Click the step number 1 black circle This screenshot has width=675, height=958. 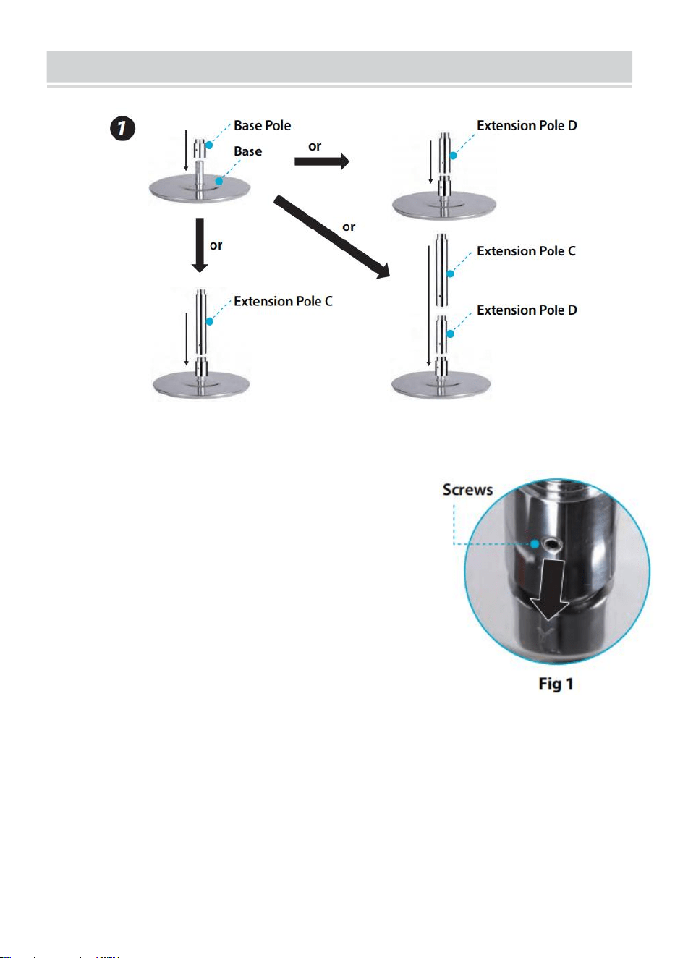pyautogui.click(x=123, y=128)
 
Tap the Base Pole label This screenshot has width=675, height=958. pyautogui.click(x=262, y=125)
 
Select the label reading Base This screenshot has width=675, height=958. pyautogui.click(x=247, y=151)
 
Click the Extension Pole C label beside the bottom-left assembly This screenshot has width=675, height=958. pyautogui.click(x=283, y=301)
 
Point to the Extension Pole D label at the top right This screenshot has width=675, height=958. pyautogui.click(x=527, y=125)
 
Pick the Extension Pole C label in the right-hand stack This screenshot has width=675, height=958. pyautogui.click(x=526, y=251)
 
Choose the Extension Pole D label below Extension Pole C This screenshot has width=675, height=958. pyautogui.click(x=527, y=310)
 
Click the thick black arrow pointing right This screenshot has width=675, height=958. pyautogui.click(x=322, y=161)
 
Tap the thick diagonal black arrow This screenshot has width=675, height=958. pyautogui.click(x=332, y=237)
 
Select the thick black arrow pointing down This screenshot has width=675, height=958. pyautogui.click(x=200, y=245)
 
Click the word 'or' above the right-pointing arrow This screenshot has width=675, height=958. pyautogui.click(x=315, y=146)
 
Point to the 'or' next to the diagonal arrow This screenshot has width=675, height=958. pyautogui.click(x=349, y=226)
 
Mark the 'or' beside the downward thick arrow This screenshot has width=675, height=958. pyautogui.click(x=216, y=245)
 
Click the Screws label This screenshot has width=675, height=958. pyautogui.click(x=467, y=490)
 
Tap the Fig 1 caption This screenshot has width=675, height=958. pyautogui.click(x=556, y=684)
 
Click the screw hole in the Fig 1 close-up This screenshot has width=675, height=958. pyautogui.click(x=551, y=544)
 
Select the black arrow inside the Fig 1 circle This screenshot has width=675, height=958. pyautogui.click(x=550, y=589)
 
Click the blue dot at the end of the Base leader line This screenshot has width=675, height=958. pyautogui.click(x=219, y=181)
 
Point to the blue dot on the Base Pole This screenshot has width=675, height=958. pyautogui.click(x=209, y=145)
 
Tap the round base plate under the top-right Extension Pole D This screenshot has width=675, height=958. pyautogui.click(x=444, y=206)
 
